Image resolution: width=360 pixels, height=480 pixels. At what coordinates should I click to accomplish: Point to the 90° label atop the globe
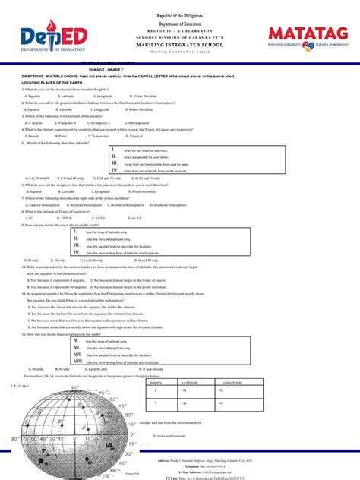click(x=75, y=387)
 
